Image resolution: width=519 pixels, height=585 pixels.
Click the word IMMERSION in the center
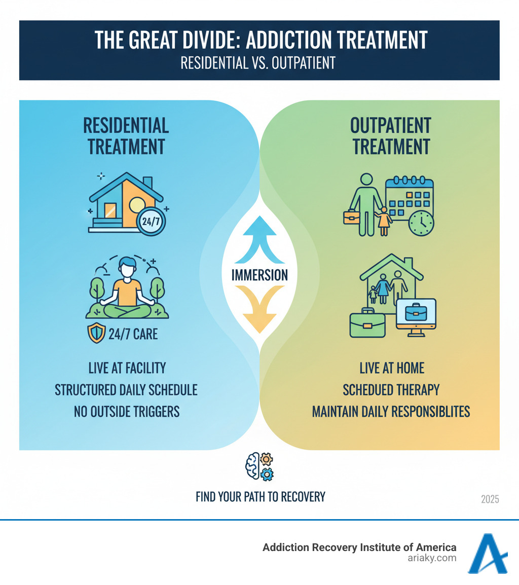coord(259,275)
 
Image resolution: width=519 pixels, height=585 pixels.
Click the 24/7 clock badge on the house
coord(154,221)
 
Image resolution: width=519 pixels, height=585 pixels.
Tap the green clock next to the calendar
coord(421,223)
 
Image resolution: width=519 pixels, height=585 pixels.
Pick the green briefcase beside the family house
coord(367,323)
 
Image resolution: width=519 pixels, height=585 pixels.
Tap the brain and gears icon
coord(259,466)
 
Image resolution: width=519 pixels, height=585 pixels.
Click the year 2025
coord(490,499)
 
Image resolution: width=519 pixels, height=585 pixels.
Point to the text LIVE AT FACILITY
coord(126,368)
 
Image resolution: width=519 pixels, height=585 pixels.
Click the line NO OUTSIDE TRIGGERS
coord(126,411)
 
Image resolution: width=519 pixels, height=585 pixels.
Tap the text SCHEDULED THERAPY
coord(391,389)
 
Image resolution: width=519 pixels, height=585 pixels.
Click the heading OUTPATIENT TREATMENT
coord(391,136)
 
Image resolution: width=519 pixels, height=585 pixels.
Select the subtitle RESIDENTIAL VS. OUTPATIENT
coord(259,63)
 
